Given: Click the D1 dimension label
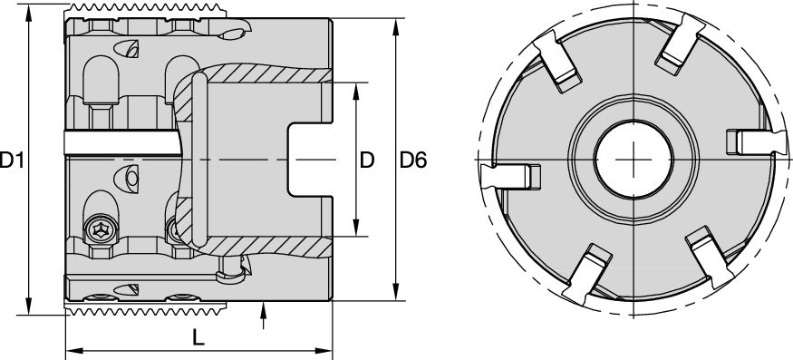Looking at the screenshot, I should pos(12,161).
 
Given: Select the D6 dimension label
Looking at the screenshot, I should pos(413,161).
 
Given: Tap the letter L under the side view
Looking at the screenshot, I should pos(198,336).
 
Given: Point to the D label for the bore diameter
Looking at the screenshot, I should pos(366,161).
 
